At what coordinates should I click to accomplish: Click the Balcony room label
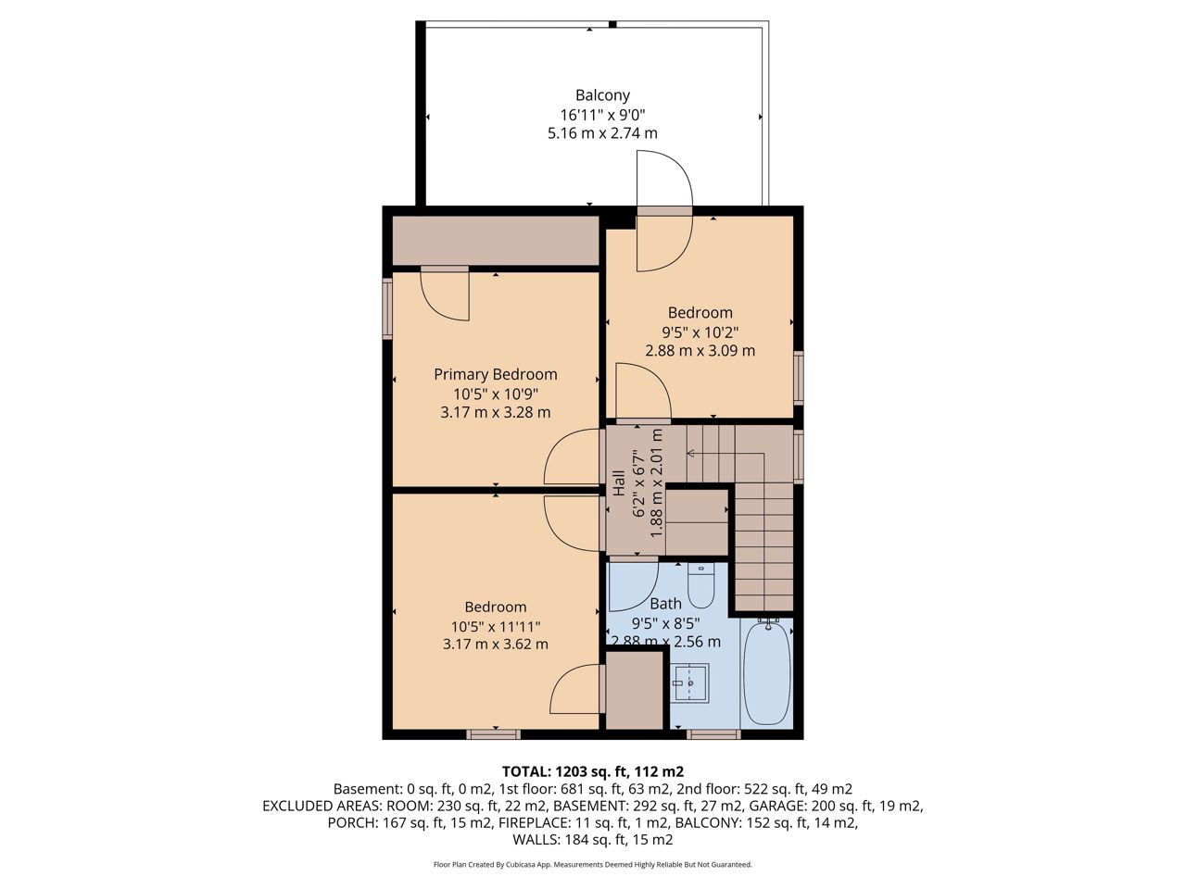pyautogui.click(x=602, y=95)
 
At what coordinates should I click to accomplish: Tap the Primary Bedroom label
pyautogui.click(x=496, y=375)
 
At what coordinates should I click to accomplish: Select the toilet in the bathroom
pyautogui.click(x=700, y=585)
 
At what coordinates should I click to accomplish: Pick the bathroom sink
pyautogui.click(x=690, y=683)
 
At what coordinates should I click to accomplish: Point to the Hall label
pyautogui.click(x=619, y=483)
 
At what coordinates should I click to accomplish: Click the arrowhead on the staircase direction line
pyautogui.click(x=690, y=454)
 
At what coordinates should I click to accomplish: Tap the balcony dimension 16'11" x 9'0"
pyautogui.click(x=602, y=115)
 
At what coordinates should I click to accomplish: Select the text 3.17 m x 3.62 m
pyautogui.click(x=496, y=645)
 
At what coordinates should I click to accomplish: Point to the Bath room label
pyautogui.click(x=665, y=604)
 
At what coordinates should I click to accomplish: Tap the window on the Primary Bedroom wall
pyautogui.click(x=387, y=308)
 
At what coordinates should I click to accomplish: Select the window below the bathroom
pyautogui.click(x=713, y=734)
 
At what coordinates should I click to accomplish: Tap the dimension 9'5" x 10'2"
pyautogui.click(x=700, y=332)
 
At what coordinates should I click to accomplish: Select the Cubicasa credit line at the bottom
pyautogui.click(x=593, y=865)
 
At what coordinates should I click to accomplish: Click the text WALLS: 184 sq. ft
pyautogui.click(x=566, y=840)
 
